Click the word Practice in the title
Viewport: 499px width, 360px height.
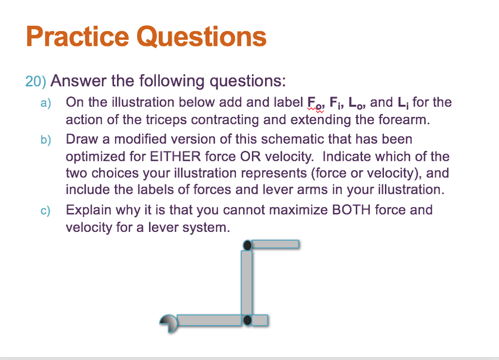(77, 37)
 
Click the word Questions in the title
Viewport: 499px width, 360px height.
(201, 38)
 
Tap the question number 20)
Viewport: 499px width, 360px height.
(36, 81)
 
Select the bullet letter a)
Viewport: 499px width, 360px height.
(45, 103)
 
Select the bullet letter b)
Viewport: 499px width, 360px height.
(45, 140)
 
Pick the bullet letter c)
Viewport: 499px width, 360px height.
(45, 210)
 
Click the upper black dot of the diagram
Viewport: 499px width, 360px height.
(248, 245)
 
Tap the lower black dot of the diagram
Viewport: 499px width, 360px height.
(248, 320)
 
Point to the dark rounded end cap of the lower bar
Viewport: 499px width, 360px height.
(168, 321)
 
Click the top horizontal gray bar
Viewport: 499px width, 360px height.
(276, 244)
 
